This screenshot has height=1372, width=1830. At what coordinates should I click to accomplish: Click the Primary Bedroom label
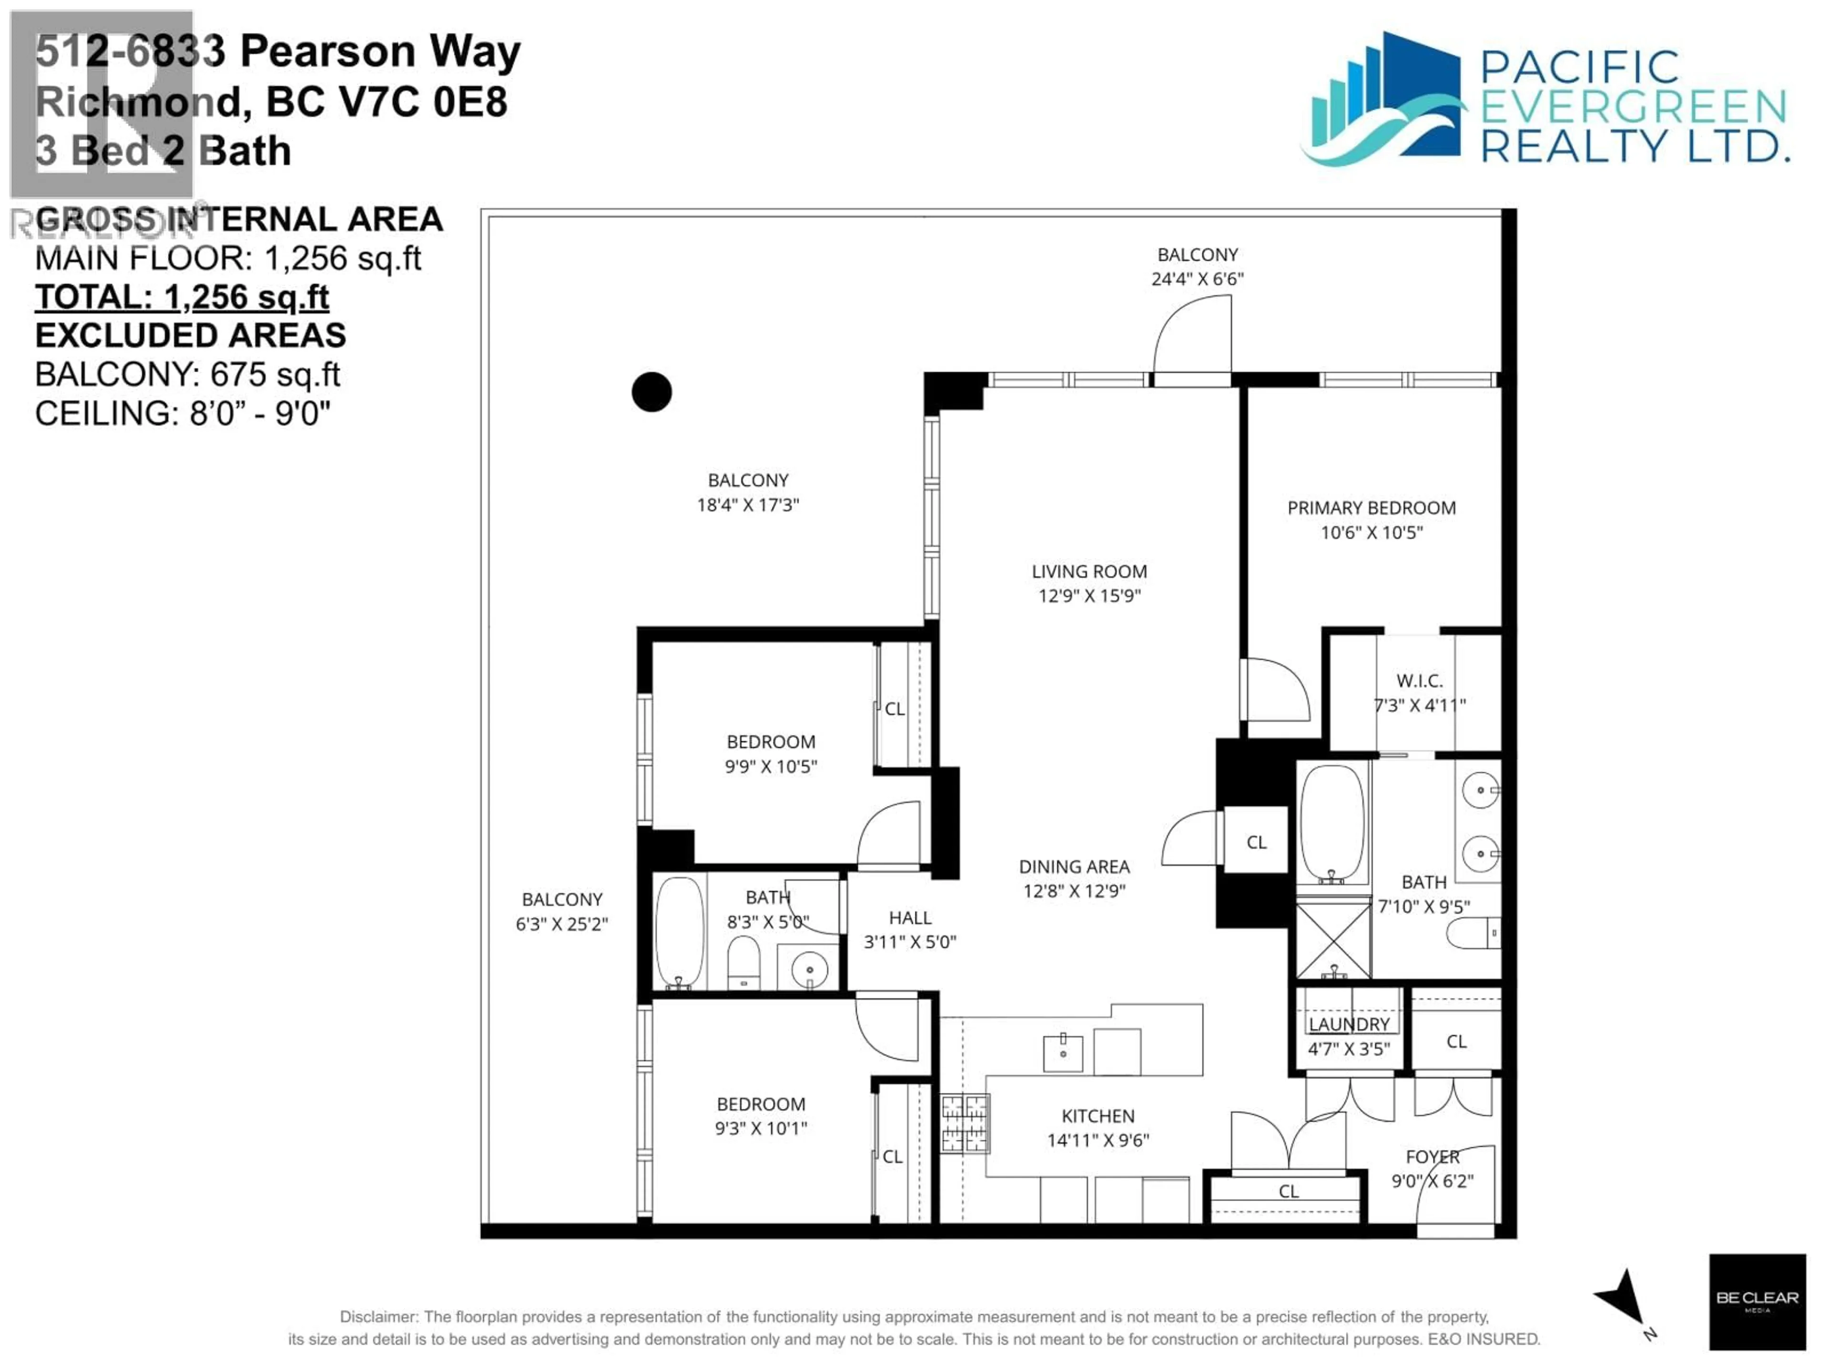click(x=1371, y=508)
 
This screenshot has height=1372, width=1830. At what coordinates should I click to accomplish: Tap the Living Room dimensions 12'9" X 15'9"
click(x=1089, y=595)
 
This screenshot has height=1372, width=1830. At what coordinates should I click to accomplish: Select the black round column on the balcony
click(x=651, y=392)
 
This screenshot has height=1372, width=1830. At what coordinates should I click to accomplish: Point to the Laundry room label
click(x=1349, y=1024)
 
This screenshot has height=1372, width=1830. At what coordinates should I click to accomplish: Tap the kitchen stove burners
click(x=965, y=1122)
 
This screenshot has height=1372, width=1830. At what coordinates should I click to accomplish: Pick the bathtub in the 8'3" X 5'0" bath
click(x=680, y=932)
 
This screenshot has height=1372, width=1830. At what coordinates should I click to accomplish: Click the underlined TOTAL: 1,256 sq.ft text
click(x=182, y=297)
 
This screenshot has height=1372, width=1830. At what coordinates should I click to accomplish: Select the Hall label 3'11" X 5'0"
click(x=910, y=929)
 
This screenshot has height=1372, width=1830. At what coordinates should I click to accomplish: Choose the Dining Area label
click(x=1074, y=867)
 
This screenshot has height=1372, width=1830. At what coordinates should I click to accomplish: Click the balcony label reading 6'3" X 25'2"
click(x=562, y=924)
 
